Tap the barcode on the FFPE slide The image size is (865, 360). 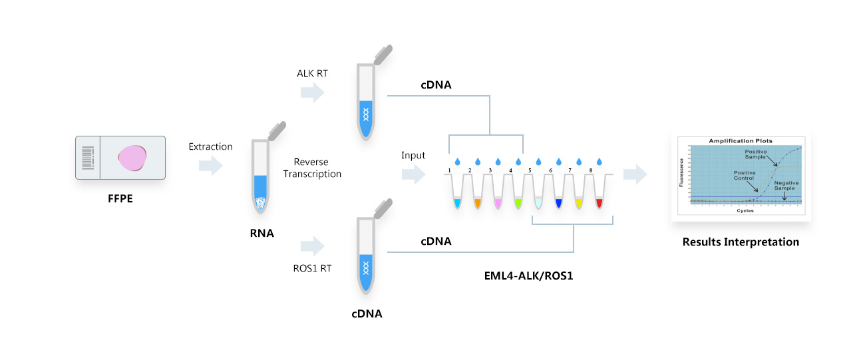88,158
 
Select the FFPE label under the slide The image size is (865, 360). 120,197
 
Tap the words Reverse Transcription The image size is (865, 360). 312,168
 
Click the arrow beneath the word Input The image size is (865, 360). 413,176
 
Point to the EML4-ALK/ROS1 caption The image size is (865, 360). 530,274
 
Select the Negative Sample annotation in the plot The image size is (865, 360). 787,185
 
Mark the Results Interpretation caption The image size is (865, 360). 741,242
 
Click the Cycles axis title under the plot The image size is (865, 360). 745,210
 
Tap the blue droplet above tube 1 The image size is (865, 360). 457,162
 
